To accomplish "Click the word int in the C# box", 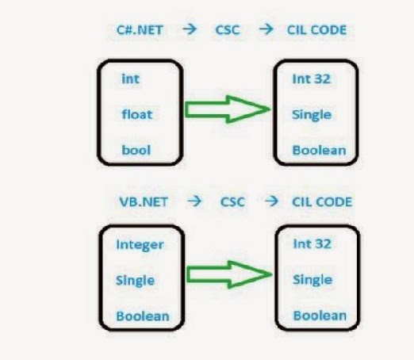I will click(130, 79).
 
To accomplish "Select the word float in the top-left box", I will click(136, 113).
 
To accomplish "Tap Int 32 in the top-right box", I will click(311, 79).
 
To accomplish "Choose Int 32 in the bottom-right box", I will click(311, 244).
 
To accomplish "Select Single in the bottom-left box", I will click(136, 280).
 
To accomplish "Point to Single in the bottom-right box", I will click(312, 280).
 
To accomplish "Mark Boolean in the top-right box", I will click(319, 149).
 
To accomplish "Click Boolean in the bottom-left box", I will click(143, 315).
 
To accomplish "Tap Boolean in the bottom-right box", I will click(319, 315).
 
